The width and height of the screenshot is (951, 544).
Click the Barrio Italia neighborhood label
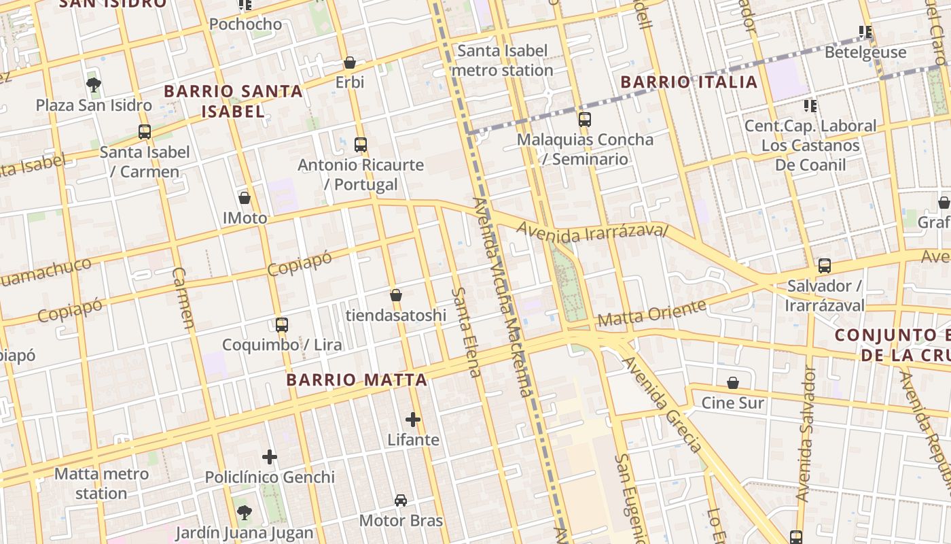point(689,82)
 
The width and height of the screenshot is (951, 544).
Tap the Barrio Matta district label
point(357,380)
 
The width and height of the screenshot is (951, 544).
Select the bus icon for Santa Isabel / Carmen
point(145,132)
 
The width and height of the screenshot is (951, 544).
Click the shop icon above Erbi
point(350,63)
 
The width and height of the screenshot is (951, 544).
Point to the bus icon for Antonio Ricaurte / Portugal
point(361,145)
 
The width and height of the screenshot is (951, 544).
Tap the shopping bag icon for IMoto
point(245,199)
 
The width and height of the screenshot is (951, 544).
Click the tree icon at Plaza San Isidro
point(94,85)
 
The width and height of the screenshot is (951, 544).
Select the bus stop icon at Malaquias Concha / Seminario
point(585,120)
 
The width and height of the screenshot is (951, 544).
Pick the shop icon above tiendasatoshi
point(396,295)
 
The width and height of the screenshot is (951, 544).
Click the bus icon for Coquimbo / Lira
point(282,325)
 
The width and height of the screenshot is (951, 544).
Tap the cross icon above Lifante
point(413,420)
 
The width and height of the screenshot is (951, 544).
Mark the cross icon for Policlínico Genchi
point(270,457)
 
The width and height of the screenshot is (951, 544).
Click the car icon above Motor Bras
point(401,500)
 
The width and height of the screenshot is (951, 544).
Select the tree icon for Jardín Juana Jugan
point(245,512)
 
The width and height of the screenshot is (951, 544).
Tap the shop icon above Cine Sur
point(733,383)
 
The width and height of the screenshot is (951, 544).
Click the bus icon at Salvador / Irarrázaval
point(825,266)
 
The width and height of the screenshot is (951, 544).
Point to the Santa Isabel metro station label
point(502,61)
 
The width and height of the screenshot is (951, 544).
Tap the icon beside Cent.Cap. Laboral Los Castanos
point(810,105)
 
